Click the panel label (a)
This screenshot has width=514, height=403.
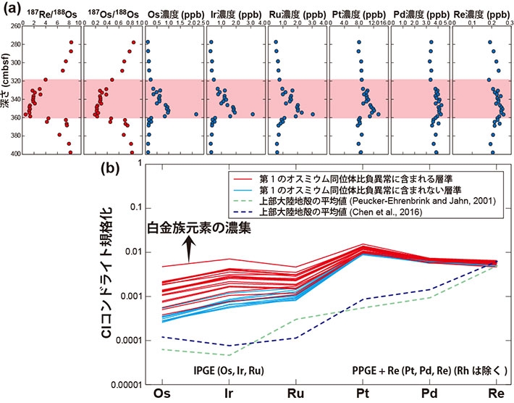tap(12, 10)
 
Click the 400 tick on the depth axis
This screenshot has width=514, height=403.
tap(15, 154)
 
